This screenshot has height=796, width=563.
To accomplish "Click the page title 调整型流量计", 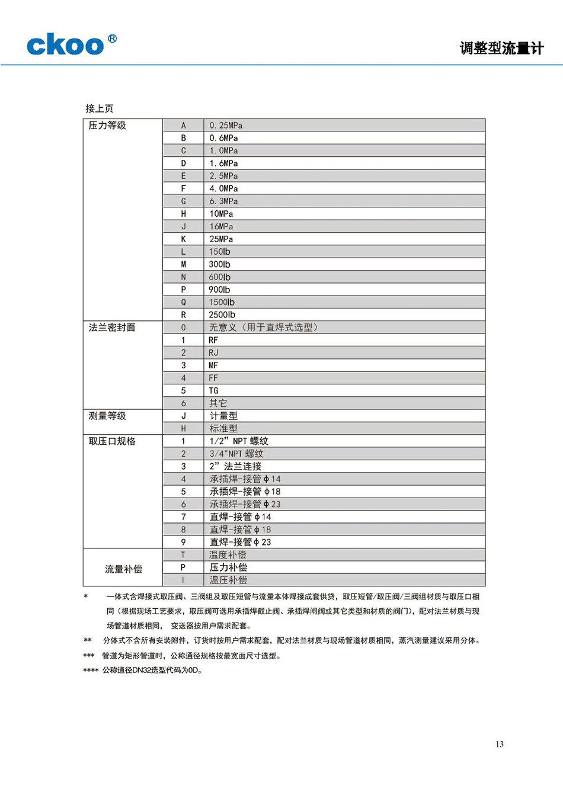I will coord(501,49).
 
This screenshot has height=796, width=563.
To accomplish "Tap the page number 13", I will coord(500,744).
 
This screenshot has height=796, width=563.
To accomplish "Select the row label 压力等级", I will coord(107,126).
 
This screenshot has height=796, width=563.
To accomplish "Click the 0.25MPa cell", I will coord(226,126).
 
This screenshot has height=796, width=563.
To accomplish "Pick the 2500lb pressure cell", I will coord(222,315).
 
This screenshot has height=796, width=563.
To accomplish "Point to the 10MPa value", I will coord(221,214).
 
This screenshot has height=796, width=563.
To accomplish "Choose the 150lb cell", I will coord(220,252).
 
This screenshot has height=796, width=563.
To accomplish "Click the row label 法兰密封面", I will coord(112,328).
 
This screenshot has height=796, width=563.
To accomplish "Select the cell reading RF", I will coord(213,340).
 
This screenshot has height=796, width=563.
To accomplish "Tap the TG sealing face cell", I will coord(214,391).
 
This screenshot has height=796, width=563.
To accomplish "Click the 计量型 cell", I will coord(223,416).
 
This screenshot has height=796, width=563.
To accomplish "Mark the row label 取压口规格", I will coord(112,441).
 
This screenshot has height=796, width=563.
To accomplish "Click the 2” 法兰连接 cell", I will coord(235,466).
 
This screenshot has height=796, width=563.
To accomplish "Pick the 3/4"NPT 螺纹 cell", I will coord(236,454).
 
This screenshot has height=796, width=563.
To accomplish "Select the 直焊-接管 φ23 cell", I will coord(240,542).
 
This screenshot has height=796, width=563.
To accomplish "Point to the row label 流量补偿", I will coord(123,569).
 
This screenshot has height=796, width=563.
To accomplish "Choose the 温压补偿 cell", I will coord(228,580).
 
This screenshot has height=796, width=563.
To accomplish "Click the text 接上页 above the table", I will coord(100,108).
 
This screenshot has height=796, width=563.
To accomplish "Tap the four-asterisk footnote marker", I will coord(91,670).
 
